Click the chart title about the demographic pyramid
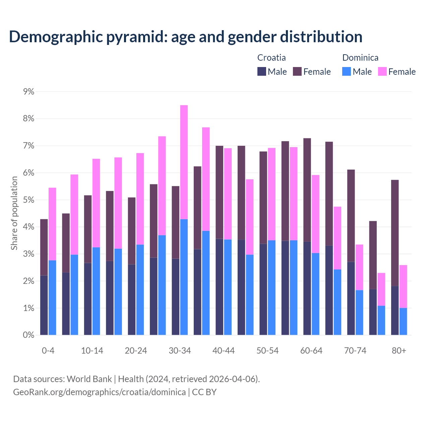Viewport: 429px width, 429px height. click(x=186, y=37)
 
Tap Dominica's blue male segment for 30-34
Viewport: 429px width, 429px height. click(x=184, y=277)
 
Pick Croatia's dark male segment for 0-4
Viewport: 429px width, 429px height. click(x=44, y=305)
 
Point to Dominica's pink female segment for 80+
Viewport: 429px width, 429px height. click(x=403, y=287)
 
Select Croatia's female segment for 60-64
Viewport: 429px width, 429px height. click(x=307, y=190)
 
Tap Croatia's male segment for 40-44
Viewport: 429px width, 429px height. click(x=220, y=287)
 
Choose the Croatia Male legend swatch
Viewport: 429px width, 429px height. click(x=262, y=71)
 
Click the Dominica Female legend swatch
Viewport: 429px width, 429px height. click(x=382, y=71)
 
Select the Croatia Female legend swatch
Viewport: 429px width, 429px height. click(x=297, y=71)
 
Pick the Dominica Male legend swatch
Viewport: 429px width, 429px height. click(x=347, y=71)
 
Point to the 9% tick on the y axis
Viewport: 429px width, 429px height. click(x=29, y=91)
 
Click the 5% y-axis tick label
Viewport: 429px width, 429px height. click(x=29, y=200)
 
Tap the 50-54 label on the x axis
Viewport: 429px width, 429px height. click(x=267, y=351)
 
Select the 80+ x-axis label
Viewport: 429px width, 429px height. click(x=399, y=351)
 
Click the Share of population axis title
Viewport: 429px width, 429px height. click(x=14, y=213)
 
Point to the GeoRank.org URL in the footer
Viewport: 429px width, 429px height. click(x=99, y=392)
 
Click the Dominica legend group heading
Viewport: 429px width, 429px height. click(x=360, y=58)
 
